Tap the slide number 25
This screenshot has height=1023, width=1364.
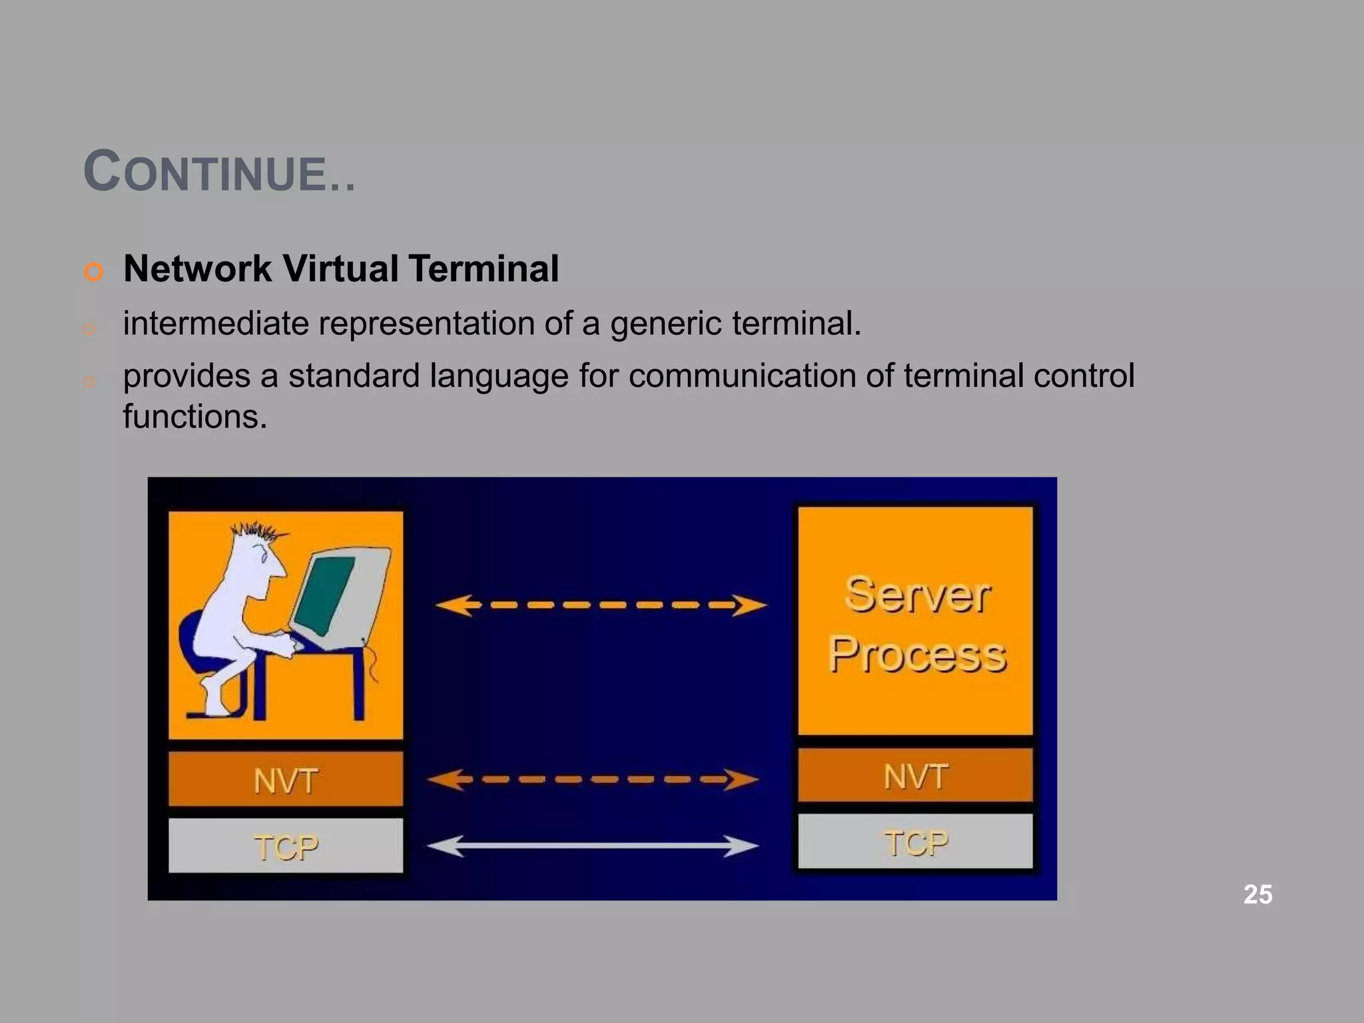[1257, 894]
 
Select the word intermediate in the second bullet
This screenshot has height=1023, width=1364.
[214, 324]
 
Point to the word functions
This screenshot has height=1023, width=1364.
[194, 417]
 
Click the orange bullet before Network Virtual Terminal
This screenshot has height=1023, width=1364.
[94, 271]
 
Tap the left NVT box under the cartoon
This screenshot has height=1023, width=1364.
[285, 780]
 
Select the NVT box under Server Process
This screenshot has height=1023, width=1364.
[915, 776]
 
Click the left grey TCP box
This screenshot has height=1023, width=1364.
[285, 847]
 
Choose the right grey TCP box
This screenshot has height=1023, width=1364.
[915, 842]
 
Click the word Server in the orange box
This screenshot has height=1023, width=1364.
[916, 595]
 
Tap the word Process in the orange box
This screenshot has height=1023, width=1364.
[916, 655]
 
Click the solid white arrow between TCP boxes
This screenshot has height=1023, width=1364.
[591, 846]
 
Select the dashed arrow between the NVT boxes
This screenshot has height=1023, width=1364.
[591, 779]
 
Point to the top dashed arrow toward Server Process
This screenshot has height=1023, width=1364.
[599, 605]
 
